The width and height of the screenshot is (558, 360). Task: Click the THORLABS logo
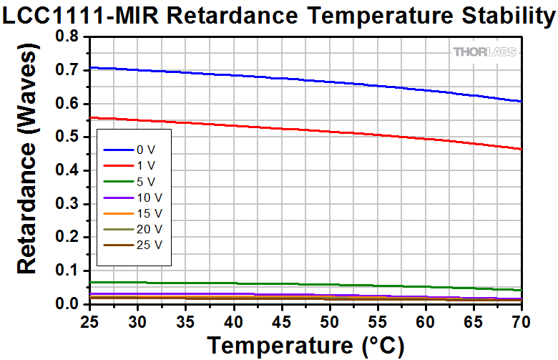click(x=484, y=52)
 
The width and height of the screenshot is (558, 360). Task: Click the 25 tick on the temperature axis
click(x=90, y=319)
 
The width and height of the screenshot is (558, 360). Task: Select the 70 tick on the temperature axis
click(x=522, y=319)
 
